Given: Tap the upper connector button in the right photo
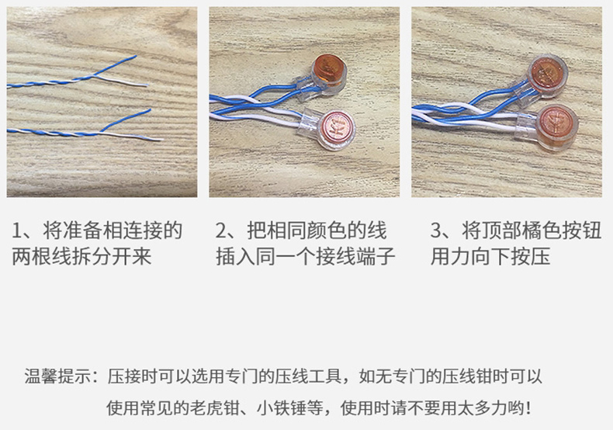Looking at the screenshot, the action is point(546,76).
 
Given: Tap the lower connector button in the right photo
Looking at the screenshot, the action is point(555,125).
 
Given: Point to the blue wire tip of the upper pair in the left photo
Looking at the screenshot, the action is point(136,57).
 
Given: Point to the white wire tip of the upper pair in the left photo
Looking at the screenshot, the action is point(147,85).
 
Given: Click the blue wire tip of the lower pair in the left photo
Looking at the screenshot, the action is point(150,110).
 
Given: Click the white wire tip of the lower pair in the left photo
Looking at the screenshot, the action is point(161,139).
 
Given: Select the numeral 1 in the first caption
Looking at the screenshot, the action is point(17,231).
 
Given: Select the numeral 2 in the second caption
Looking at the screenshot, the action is point(221,231).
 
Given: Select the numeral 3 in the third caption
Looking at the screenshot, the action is point(436,231).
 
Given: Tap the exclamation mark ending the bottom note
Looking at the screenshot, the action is point(528,408).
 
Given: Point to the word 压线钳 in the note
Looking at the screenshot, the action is point(467,376).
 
